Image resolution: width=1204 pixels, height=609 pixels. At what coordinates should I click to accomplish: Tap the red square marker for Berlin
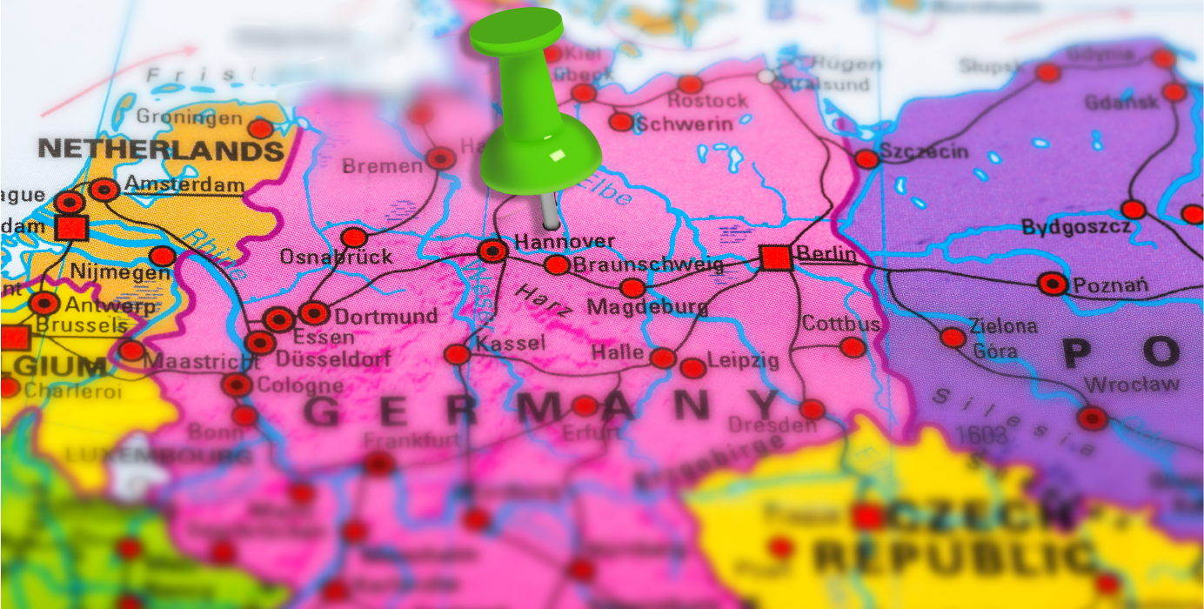[774, 258]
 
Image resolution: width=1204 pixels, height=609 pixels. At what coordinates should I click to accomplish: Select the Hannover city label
[565, 241]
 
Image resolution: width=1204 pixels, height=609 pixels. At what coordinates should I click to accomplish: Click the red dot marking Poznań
[1053, 284]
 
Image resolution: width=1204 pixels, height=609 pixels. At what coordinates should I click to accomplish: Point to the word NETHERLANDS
[162, 150]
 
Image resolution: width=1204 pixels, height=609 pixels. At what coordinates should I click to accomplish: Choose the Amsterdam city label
[184, 184]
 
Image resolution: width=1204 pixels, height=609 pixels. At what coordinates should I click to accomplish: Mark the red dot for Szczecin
[866, 159]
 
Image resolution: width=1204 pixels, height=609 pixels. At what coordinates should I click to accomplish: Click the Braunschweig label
[648, 265]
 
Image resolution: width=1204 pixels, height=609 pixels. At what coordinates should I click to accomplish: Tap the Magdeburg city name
[647, 307]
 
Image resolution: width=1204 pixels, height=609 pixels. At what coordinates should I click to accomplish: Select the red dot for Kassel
[456, 354]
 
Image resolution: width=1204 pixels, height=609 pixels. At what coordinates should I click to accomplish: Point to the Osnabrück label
[336, 258]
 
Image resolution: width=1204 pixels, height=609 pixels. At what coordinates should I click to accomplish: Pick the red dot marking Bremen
[440, 158]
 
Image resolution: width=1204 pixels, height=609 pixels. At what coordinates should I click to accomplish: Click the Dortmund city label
[386, 316]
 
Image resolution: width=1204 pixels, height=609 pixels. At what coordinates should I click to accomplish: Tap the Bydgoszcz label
[1076, 228]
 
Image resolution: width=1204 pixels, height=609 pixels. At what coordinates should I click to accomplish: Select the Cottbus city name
[840, 324]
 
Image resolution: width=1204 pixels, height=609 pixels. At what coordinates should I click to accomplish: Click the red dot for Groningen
[260, 129]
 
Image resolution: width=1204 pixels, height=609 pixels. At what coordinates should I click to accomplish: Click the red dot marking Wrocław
[1092, 418]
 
